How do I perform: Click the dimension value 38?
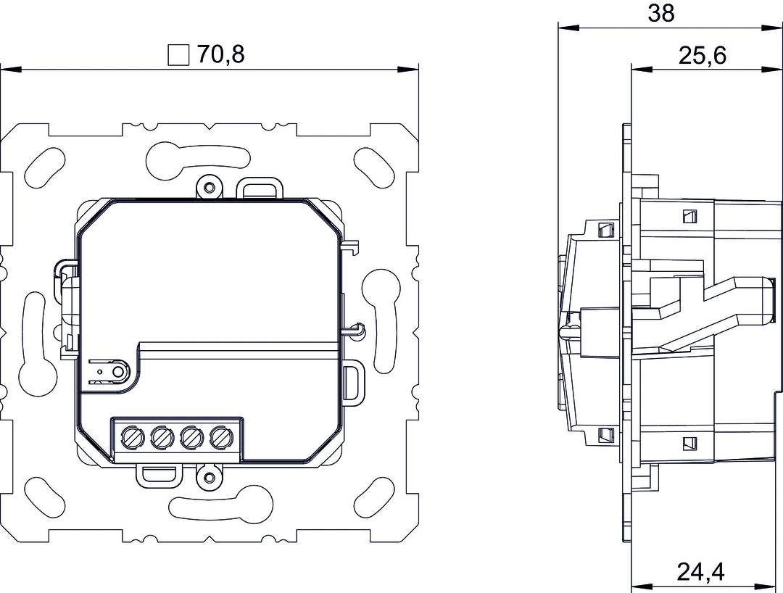(x=660, y=13)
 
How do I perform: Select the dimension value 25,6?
(x=703, y=55)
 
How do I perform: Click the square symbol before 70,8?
(x=178, y=56)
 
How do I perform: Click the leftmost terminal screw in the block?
(x=132, y=437)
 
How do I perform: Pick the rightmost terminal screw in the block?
(x=220, y=437)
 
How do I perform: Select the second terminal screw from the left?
(x=161, y=437)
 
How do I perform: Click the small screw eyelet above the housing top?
(x=210, y=188)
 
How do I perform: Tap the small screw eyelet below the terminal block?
(x=210, y=478)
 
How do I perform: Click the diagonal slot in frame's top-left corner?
(x=43, y=167)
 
